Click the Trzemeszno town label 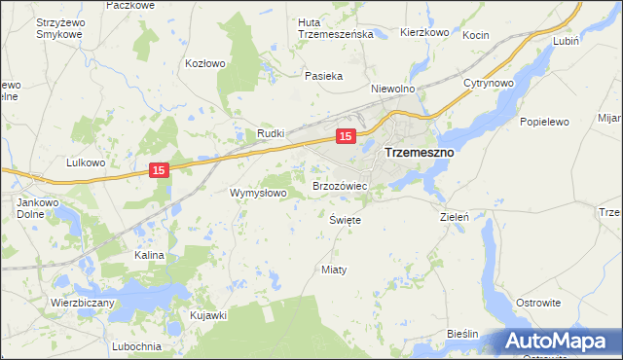(420, 153)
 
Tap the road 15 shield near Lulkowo (161, 170)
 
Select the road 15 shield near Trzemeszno (345, 136)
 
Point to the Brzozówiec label (339, 185)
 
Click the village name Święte (346, 220)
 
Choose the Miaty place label (334, 269)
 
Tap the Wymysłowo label (258, 193)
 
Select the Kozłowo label (205, 63)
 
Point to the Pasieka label (322, 76)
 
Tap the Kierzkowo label (424, 32)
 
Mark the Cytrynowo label (489, 84)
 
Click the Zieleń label (456, 217)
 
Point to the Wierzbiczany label (83, 303)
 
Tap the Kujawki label (208, 315)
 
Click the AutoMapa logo (558, 341)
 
